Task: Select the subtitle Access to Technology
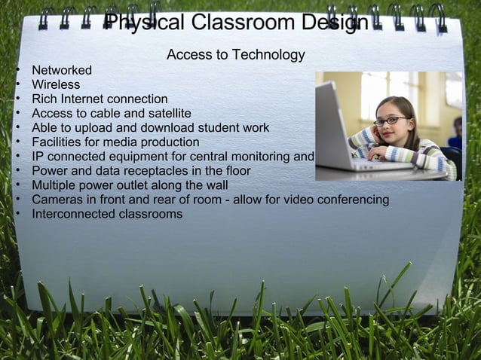click(x=235, y=55)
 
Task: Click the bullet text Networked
click(x=62, y=71)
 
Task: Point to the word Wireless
click(x=56, y=85)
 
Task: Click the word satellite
click(x=166, y=114)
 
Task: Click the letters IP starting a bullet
click(x=37, y=157)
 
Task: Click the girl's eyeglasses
click(x=392, y=120)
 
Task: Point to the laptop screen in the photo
click(x=331, y=120)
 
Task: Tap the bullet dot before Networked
click(x=18, y=71)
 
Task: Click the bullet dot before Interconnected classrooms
click(x=18, y=214)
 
